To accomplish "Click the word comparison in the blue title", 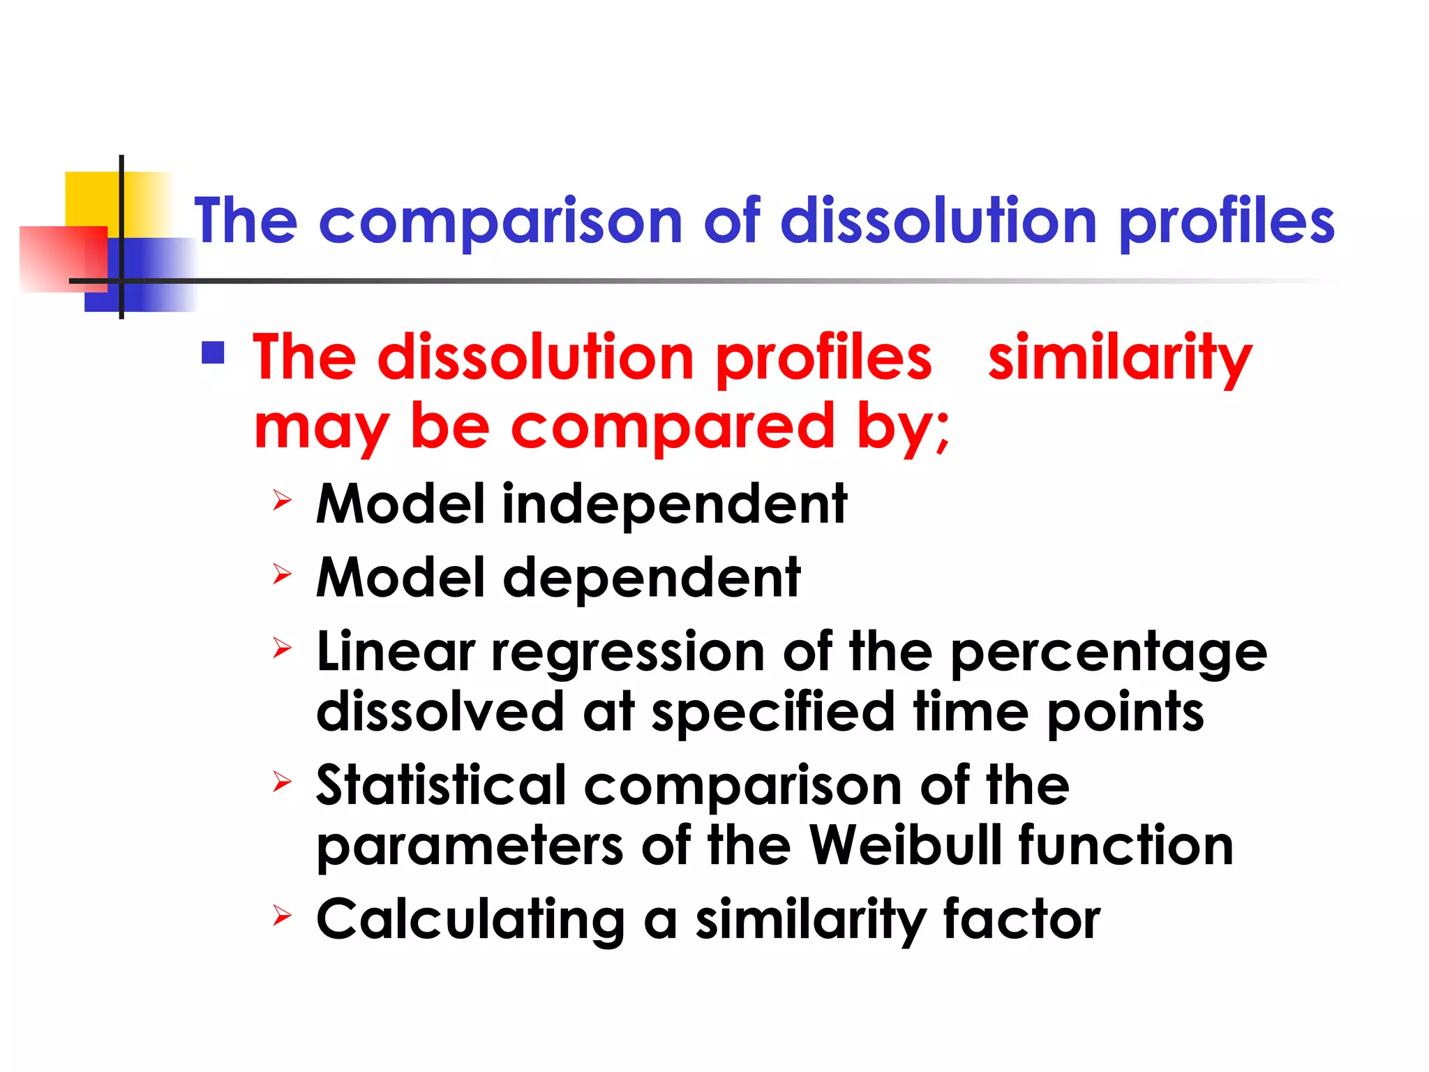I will point(500,222).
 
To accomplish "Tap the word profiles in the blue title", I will point(1227,222).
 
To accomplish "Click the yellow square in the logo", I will point(91,199).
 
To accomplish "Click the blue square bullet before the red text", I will point(213,353).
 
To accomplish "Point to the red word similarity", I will point(1119,358).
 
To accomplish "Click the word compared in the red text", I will point(673,427).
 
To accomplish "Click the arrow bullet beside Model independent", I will point(281,500).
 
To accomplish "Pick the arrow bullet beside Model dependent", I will point(281,574).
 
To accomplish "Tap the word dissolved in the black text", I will point(440,712).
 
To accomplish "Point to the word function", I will point(1125,846).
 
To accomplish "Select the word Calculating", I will point(470,920).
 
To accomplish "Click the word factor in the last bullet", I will point(1022,920).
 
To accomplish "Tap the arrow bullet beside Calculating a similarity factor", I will point(281,915).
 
